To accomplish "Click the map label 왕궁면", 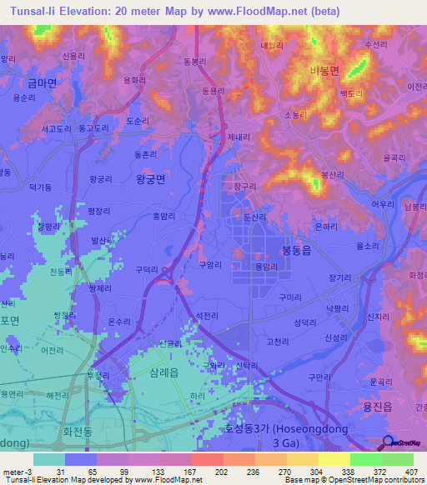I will (x=150, y=178).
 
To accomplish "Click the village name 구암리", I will (x=208, y=265).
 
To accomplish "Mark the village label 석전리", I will (x=207, y=314).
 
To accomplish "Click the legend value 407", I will (x=409, y=472).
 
